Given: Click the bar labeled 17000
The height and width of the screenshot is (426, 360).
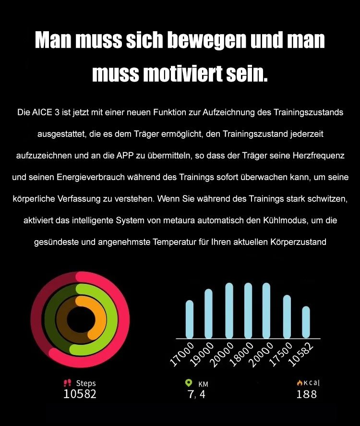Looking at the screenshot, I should tap(190, 319).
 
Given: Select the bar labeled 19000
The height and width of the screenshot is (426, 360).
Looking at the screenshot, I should tap(208, 314).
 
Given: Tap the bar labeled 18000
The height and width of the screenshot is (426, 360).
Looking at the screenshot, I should tap(248, 311).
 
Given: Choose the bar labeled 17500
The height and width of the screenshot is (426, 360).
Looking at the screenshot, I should tap(287, 317).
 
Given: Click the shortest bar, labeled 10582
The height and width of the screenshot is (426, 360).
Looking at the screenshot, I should tap(306, 322).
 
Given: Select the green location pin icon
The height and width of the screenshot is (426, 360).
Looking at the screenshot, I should tap(189, 383).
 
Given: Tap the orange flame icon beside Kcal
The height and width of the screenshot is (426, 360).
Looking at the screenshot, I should tap(299, 383).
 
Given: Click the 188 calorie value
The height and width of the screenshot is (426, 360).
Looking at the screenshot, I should tap(306, 394).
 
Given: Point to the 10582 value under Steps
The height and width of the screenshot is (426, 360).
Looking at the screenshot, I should tap(80, 394).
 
